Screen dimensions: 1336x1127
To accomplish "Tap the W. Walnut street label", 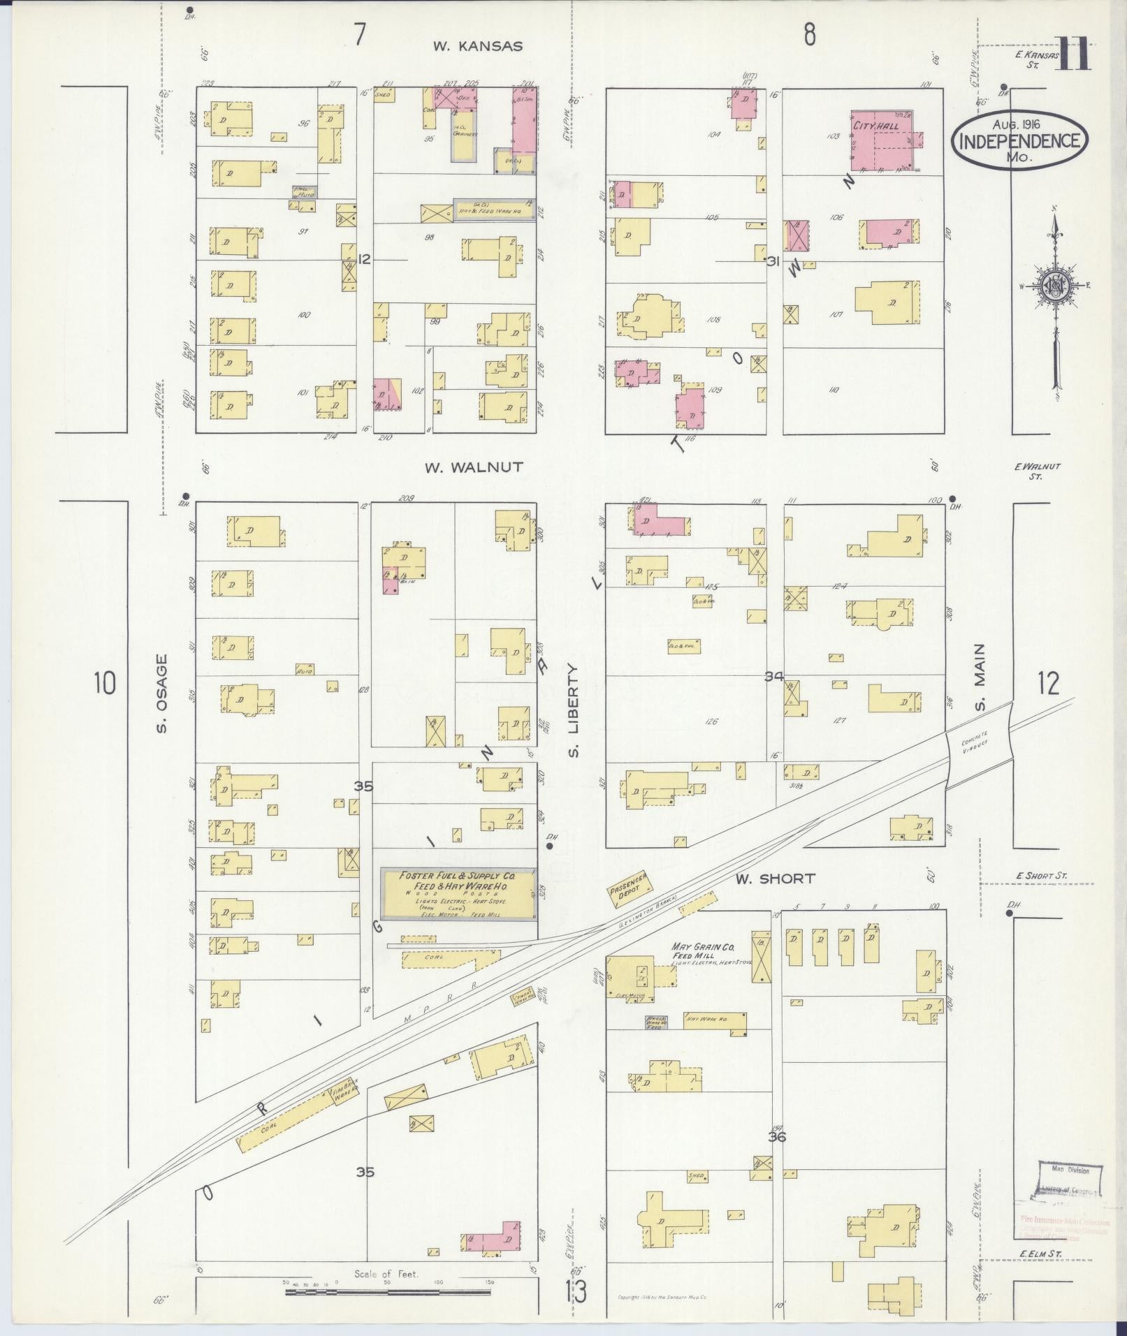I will pos(474,467).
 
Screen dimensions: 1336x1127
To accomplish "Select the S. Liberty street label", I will pos(574,710).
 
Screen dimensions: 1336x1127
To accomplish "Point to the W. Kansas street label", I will pos(477,47).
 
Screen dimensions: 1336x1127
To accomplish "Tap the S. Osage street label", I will pos(162,693).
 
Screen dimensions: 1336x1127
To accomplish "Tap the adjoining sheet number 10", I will pos(104,682).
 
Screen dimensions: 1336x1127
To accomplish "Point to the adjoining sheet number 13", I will pos(576,1293).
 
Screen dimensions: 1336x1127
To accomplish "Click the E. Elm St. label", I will pos(1040,1254).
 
